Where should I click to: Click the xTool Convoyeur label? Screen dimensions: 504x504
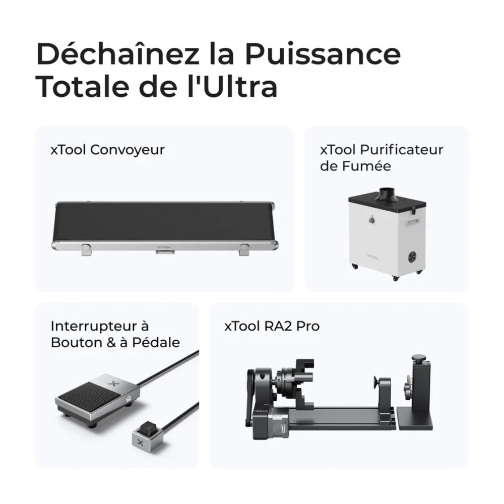(108, 150)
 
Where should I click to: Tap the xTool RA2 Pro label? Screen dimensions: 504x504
(272, 326)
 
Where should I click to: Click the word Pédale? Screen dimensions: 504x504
(156, 343)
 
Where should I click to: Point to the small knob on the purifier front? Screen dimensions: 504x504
(371, 220)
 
